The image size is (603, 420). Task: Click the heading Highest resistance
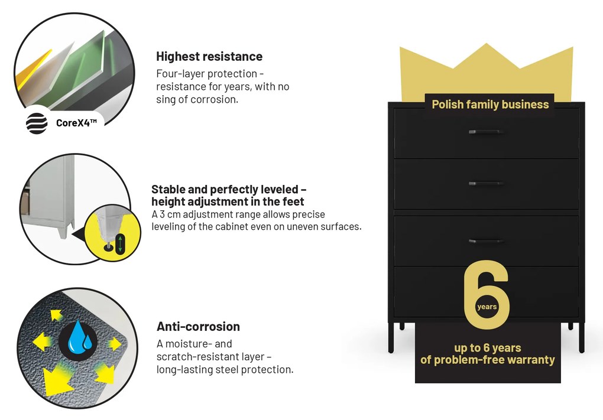coord(209,57)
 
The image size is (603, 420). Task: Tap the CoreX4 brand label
coord(76,123)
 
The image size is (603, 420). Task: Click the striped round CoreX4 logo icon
coord(37,123)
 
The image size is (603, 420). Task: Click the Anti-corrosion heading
coord(198,327)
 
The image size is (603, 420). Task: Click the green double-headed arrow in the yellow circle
coord(120,244)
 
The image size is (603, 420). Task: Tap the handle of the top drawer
coord(486,132)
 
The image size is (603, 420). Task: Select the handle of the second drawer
coord(486,184)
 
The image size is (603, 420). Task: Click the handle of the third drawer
coord(486,242)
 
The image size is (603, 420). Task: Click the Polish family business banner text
coord(490,105)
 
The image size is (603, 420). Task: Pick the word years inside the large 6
coord(487,307)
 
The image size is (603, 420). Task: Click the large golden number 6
coord(487,295)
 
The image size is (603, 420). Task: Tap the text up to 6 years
coord(488,348)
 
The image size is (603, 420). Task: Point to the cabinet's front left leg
coord(391,338)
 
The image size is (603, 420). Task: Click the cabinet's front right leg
coord(582,338)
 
